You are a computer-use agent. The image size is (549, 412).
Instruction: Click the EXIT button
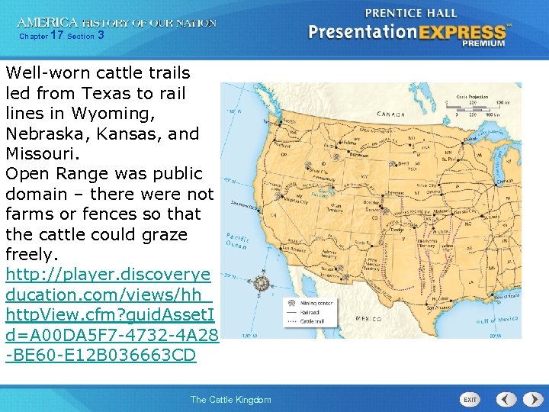[x=470, y=399]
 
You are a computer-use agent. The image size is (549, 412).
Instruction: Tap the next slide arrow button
[x=528, y=399]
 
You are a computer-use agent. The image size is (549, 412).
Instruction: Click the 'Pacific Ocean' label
[x=237, y=241]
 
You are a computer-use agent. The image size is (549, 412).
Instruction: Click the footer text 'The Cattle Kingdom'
[x=230, y=400]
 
